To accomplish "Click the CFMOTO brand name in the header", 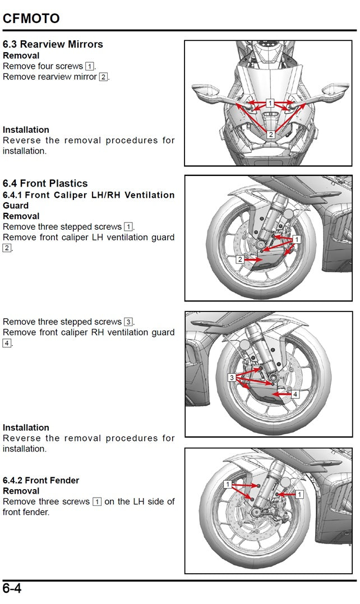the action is (31, 18).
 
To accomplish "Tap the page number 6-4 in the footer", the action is (12, 588).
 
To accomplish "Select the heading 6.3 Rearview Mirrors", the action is (53, 44).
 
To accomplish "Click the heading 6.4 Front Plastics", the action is (45, 183).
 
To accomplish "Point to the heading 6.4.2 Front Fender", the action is (41, 480).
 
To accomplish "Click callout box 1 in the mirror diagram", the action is (270, 103).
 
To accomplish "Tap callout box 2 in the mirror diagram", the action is (271, 134).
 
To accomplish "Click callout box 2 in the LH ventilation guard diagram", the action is (240, 259).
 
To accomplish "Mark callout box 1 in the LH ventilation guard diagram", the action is (297, 239).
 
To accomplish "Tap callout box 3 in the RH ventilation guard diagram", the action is (232, 377).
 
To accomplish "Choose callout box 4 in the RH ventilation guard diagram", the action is (295, 394).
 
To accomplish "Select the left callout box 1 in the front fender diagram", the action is (228, 484).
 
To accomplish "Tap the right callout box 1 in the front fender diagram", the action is (299, 494).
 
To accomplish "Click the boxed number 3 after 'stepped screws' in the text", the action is (128, 322).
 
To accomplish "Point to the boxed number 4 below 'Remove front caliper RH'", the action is (7, 343).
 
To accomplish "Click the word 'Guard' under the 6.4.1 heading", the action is (15, 206).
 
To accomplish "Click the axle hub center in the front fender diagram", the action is (255, 513).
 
